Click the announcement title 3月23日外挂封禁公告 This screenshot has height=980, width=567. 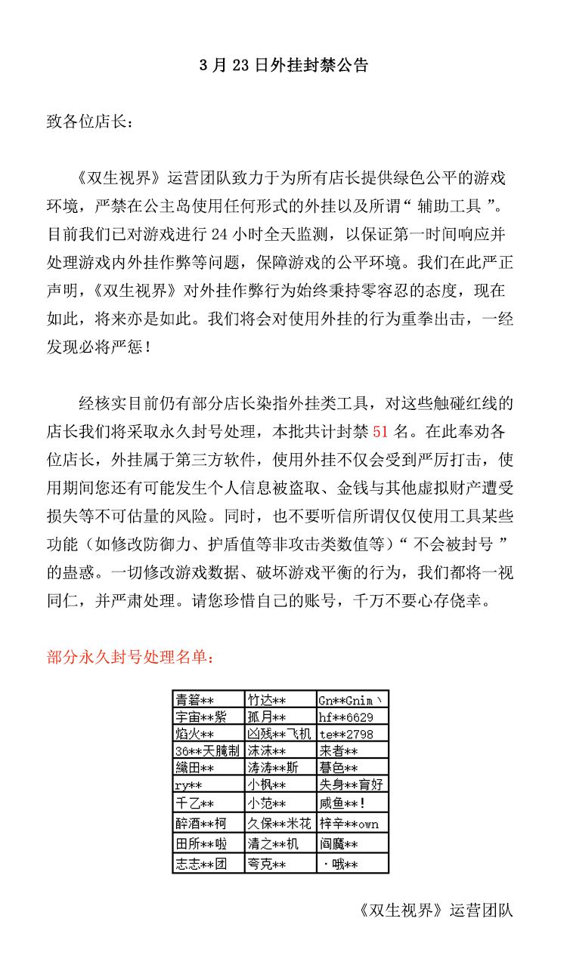tap(283, 65)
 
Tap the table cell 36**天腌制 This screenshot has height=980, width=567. tap(207, 750)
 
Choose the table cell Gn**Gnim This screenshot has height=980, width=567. tap(352, 699)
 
